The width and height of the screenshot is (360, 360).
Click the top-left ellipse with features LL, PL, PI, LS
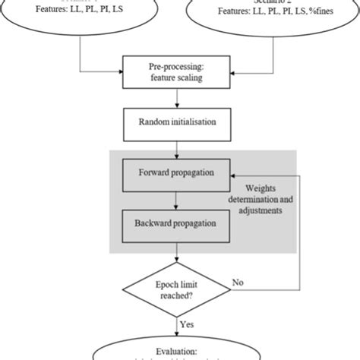tap(81, 15)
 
